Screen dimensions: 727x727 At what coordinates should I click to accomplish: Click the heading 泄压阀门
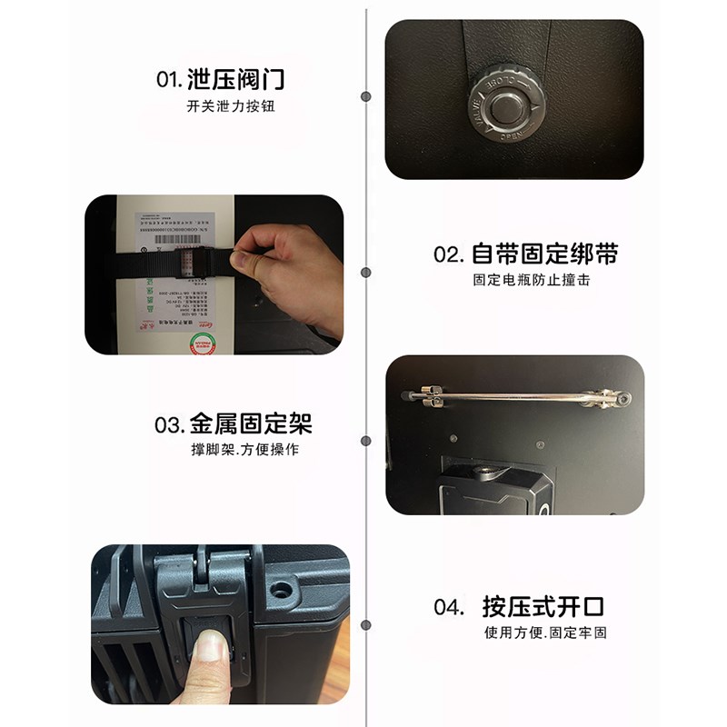pyautogui.click(x=235, y=79)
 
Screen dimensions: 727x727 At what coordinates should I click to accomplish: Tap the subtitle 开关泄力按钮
pyautogui.click(x=230, y=106)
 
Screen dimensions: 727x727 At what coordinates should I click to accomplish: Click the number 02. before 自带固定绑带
pyautogui.click(x=450, y=254)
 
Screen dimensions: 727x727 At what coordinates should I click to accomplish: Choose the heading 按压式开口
pyautogui.click(x=543, y=606)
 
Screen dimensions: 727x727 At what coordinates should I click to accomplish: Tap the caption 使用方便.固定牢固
pyautogui.click(x=544, y=632)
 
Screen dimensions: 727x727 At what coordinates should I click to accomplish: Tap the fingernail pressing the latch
pyautogui.click(x=211, y=646)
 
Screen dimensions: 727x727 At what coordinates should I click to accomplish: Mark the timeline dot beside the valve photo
pyautogui.click(x=365, y=95)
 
